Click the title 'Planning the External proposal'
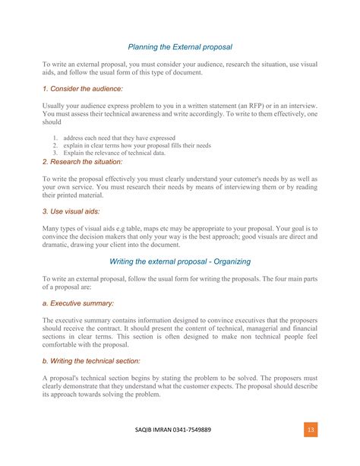(180, 46)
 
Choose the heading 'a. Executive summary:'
(78, 303)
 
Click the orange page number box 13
(311, 430)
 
